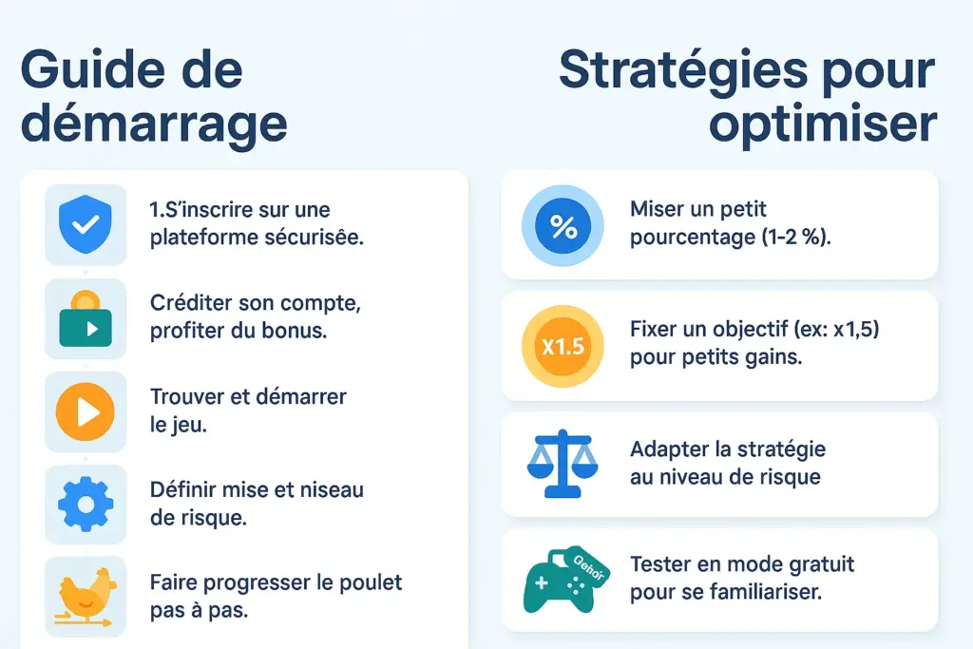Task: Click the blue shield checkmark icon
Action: (x=86, y=224)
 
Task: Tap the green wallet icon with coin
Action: (x=86, y=319)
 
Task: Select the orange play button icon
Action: (x=86, y=411)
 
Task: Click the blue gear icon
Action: (x=86, y=504)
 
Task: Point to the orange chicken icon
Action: (x=86, y=597)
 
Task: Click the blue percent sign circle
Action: (x=563, y=226)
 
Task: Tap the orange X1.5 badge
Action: (x=563, y=346)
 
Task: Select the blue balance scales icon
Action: (x=563, y=464)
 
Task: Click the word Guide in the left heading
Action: (x=93, y=69)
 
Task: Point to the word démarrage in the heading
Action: (x=154, y=124)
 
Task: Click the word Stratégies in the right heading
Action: (x=683, y=70)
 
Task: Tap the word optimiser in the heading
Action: (x=823, y=124)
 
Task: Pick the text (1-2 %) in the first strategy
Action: (x=796, y=237)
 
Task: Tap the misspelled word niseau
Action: (x=332, y=489)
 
